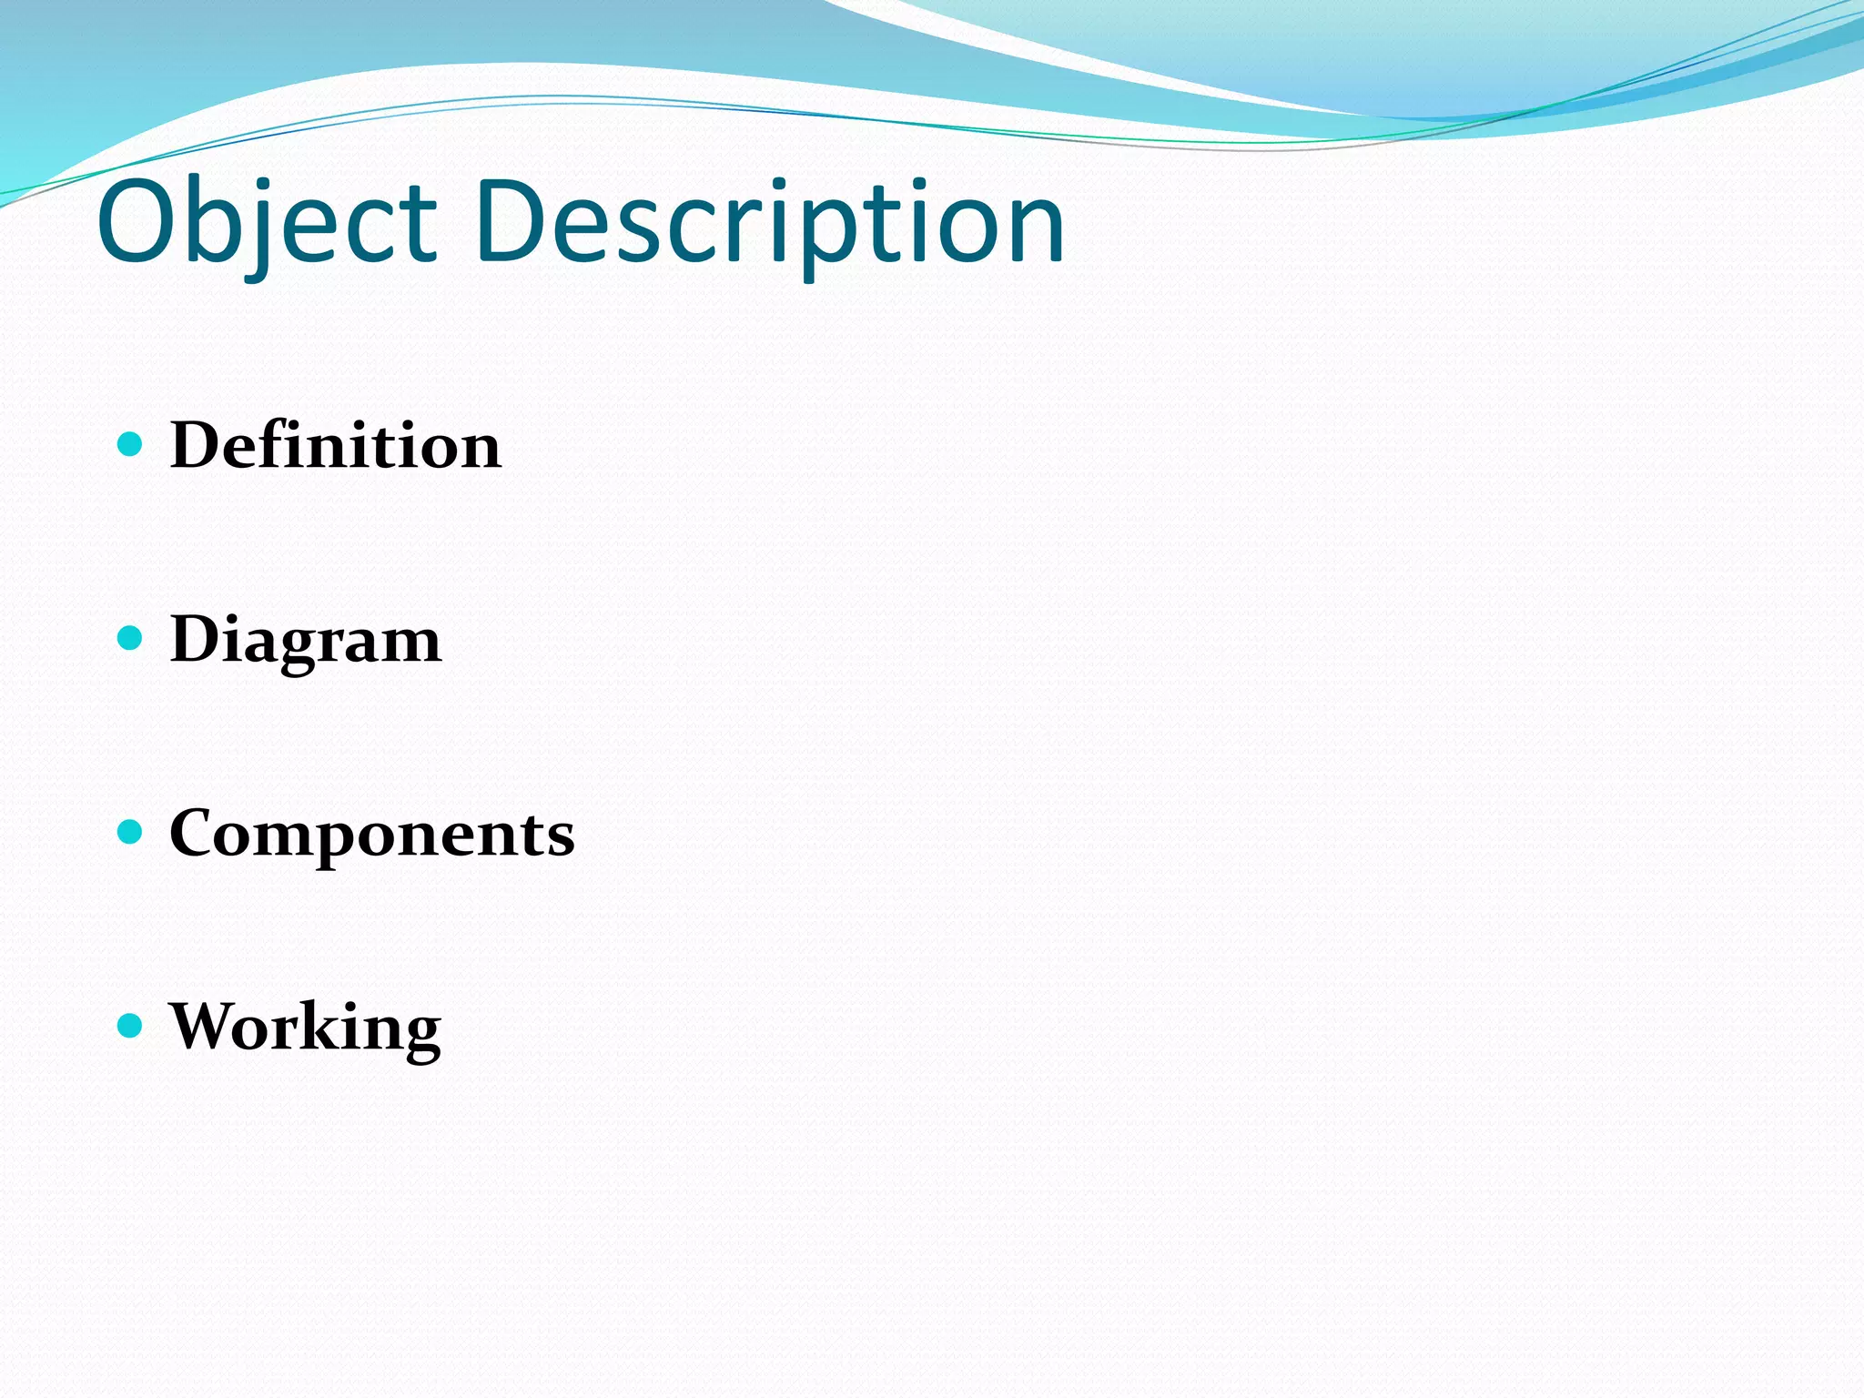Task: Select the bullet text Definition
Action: [335, 445]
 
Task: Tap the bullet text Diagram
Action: [306, 640]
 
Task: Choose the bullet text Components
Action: [372, 833]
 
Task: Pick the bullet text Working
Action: [306, 1027]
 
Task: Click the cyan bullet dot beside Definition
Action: [131, 444]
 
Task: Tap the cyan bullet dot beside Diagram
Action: [131, 638]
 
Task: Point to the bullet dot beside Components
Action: [131, 832]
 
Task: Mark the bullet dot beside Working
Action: [131, 1026]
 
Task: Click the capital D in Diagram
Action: [199, 639]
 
